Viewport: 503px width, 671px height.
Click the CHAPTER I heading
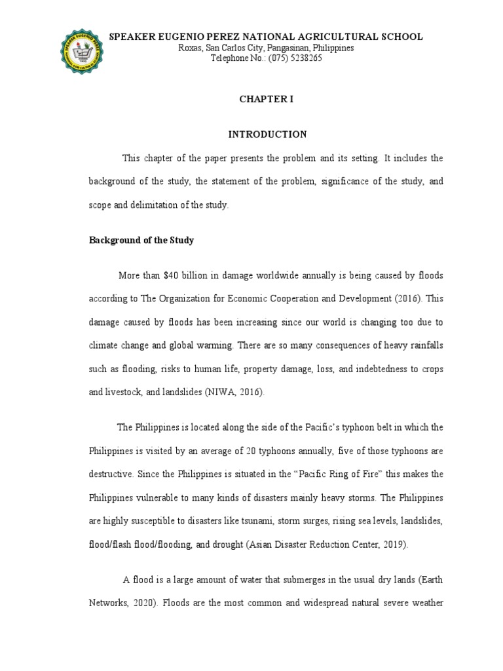coord(267,98)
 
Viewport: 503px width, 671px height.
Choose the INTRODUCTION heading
coord(267,134)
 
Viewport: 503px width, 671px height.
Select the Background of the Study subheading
coord(141,240)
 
